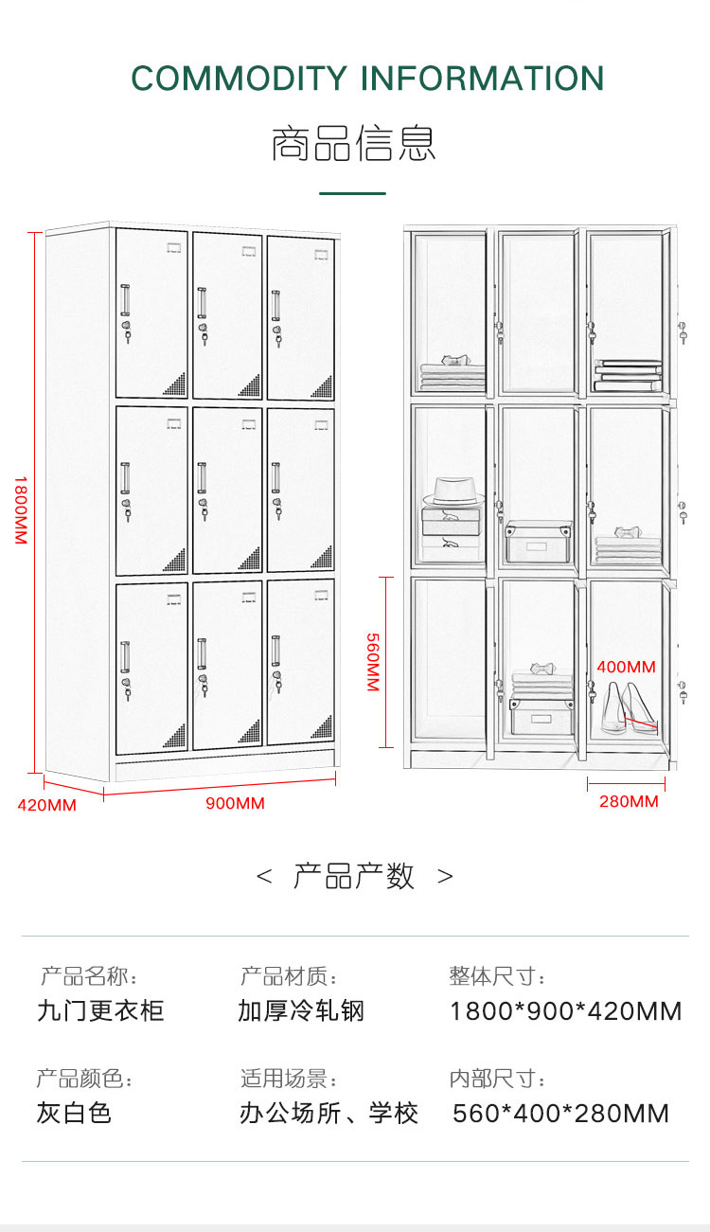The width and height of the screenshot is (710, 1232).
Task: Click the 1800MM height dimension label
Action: point(20,509)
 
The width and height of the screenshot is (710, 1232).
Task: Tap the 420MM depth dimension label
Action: point(46,805)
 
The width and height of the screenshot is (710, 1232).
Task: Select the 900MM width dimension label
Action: point(236,803)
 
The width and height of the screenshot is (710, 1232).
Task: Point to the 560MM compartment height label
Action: point(373,662)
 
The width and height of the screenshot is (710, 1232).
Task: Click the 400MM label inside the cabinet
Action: point(626,667)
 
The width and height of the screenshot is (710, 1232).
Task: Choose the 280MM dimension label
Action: point(629,801)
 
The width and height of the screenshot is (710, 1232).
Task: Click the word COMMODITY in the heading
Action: point(240,78)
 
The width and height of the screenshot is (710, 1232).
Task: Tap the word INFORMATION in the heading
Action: point(482,78)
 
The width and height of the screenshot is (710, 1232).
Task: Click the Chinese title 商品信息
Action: point(354,144)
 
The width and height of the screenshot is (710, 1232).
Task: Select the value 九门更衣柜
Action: point(100,1011)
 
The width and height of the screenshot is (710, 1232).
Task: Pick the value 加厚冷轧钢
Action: point(301,1011)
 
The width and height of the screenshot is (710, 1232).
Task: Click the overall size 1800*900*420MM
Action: point(566,1011)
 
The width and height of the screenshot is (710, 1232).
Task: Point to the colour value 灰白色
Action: point(74,1113)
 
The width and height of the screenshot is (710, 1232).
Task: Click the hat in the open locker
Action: point(453,491)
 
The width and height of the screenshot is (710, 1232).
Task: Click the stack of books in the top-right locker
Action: point(628,375)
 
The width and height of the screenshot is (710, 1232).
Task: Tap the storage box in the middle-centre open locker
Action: point(539,542)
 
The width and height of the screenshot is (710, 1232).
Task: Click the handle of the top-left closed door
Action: point(125,300)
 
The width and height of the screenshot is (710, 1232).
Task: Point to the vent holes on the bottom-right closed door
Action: point(322,727)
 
